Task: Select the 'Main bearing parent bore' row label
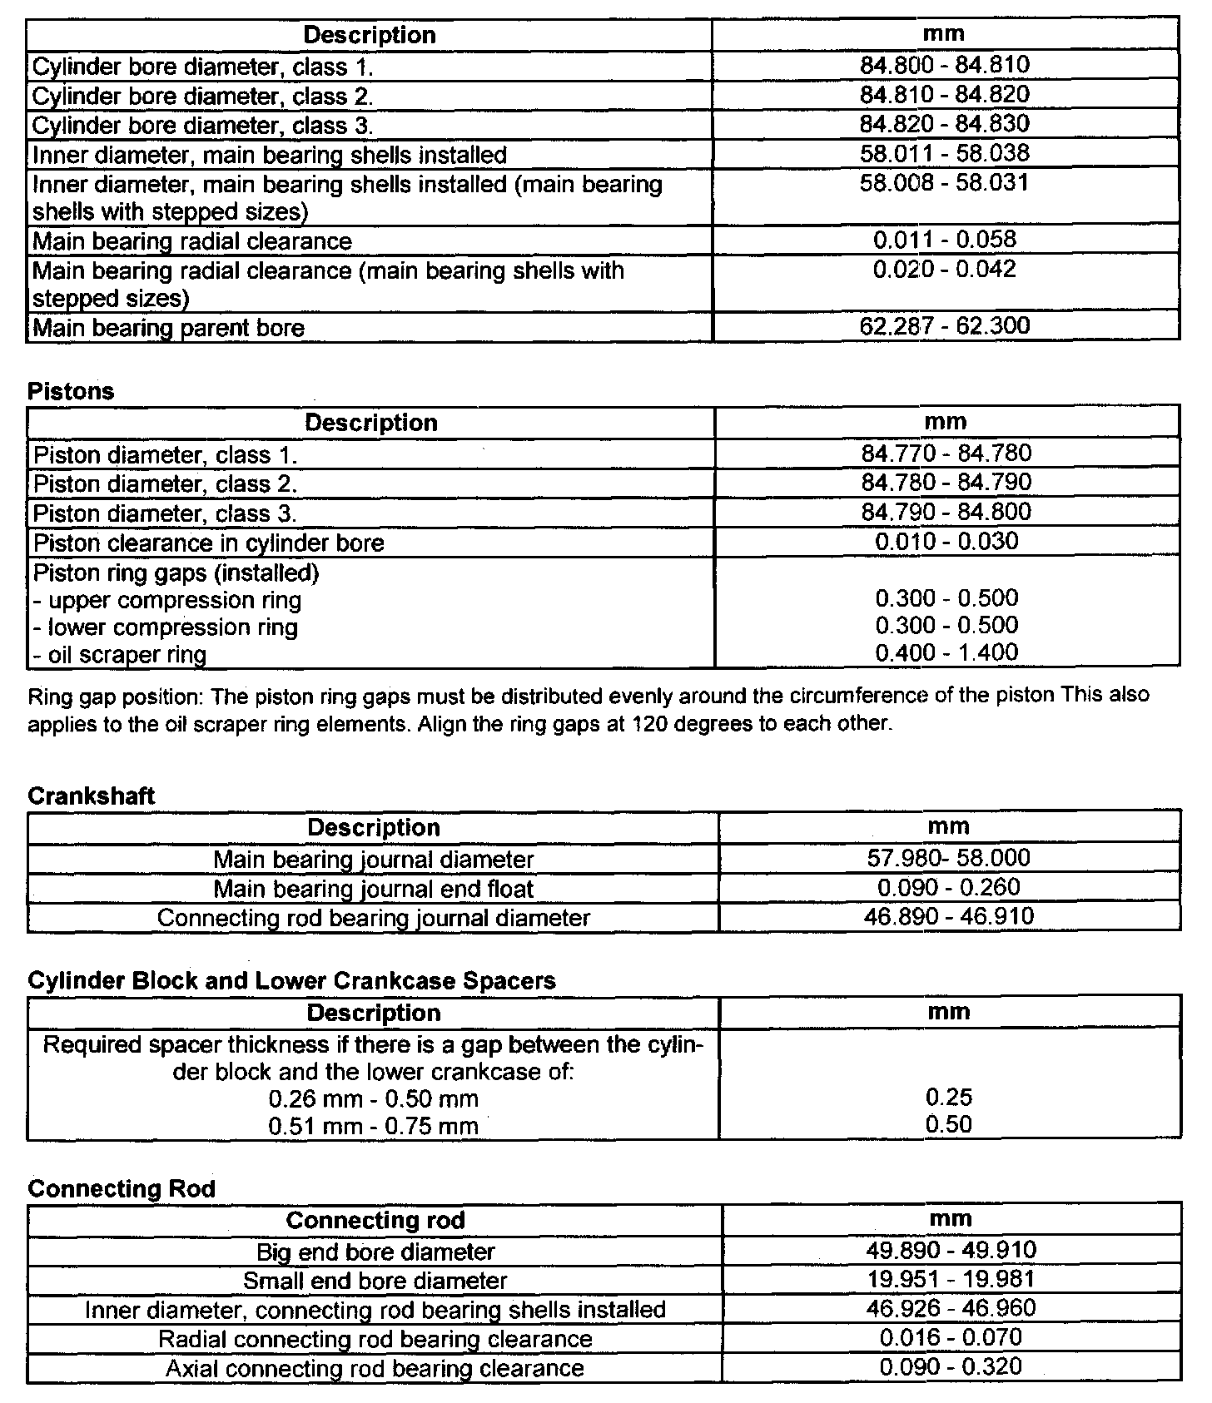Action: coord(168,328)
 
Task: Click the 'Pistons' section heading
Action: coord(71,392)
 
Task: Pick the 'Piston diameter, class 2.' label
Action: coord(165,484)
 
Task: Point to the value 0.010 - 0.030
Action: coord(946,542)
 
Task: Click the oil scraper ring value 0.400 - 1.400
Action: coord(946,652)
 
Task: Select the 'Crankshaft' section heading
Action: coord(92,796)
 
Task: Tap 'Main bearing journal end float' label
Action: coord(373,889)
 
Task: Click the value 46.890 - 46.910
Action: coord(949,917)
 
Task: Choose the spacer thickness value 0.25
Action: coord(949,1098)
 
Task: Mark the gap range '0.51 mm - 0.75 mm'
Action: coord(373,1127)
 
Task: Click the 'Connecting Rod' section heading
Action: coord(122,1189)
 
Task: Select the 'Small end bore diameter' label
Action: coord(375,1281)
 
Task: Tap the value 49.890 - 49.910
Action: coord(951,1250)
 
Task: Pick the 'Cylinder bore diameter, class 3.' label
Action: coord(202,126)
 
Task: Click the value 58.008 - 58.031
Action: coord(945,182)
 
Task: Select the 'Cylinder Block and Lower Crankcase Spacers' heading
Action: coord(291,981)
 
